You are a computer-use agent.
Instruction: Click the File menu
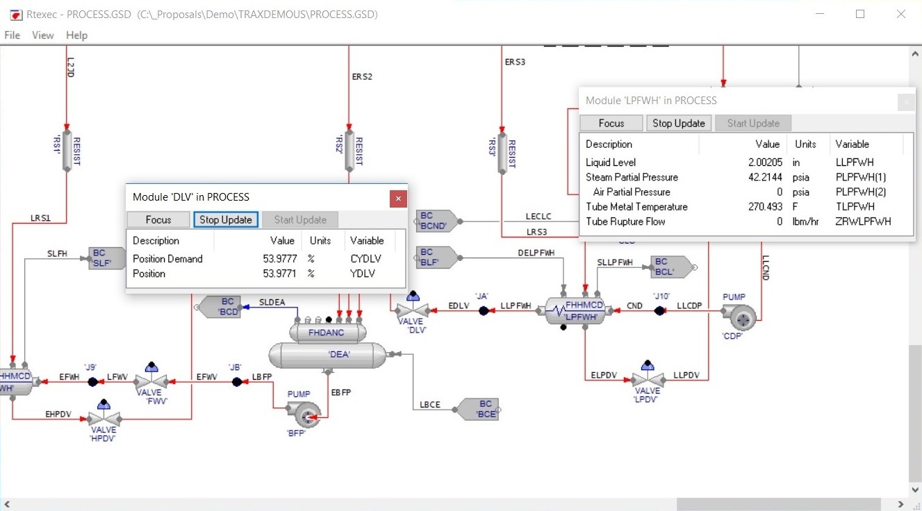click(x=12, y=35)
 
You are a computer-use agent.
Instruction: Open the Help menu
click(x=76, y=35)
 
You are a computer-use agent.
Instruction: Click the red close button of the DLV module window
click(x=397, y=199)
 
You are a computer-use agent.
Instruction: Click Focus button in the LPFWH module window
click(x=611, y=123)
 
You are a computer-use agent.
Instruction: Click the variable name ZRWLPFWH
click(x=863, y=221)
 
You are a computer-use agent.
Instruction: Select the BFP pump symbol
click(x=306, y=415)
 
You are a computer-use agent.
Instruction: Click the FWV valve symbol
click(x=151, y=381)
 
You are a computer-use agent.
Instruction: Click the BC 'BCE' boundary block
click(x=479, y=409)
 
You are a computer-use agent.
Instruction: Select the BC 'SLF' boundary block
click(x=108, y=258)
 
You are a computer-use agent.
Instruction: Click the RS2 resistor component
click(x=349, y=151)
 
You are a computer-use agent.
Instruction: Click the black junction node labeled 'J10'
click(x=660, y=311)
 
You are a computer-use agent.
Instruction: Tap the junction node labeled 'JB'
click(x=236, y=381)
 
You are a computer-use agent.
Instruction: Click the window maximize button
click(x=860, y=14)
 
